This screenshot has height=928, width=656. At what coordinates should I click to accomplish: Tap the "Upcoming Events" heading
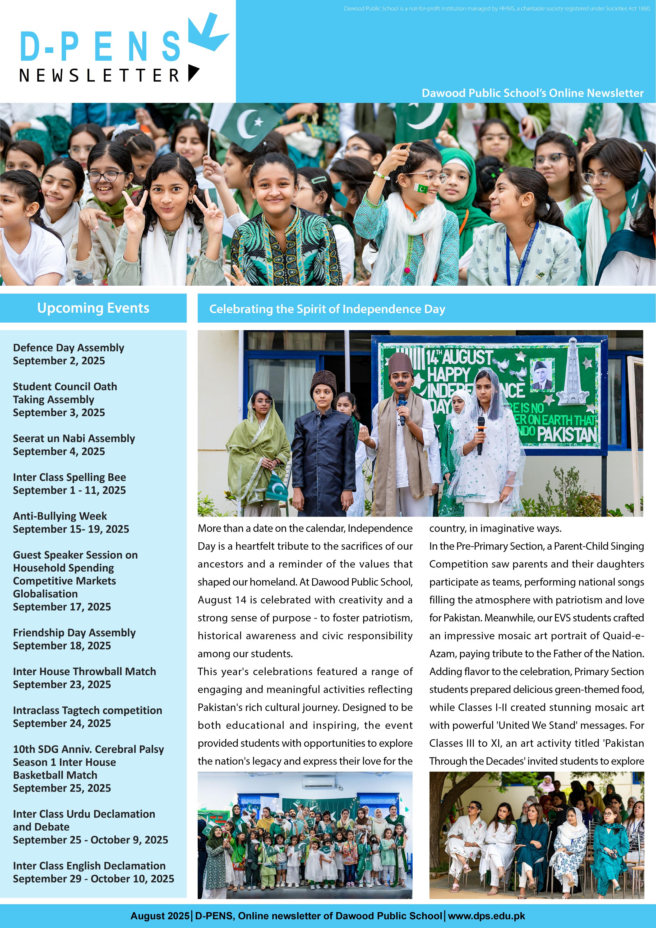click(93, 308)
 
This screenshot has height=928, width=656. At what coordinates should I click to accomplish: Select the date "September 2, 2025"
click(59, 361)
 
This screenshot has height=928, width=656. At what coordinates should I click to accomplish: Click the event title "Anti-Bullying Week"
click(60, 516)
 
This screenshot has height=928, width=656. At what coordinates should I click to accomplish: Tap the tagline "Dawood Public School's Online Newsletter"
click(532, 93)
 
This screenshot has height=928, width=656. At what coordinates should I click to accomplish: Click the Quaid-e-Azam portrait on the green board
click(542, 374)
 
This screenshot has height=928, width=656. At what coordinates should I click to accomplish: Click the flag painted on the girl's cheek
click(421, 188)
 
